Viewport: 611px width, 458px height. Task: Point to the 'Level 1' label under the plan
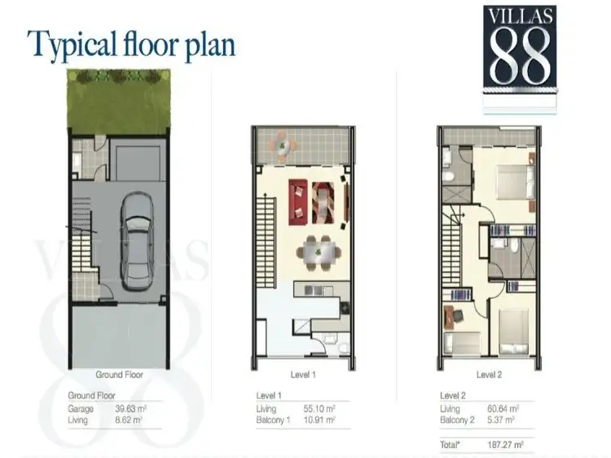(302, 375)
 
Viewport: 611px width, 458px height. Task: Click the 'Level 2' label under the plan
(489, 375)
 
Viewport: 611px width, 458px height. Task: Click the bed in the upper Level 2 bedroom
(510, 185)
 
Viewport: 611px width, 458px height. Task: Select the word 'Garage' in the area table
(80, 409)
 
